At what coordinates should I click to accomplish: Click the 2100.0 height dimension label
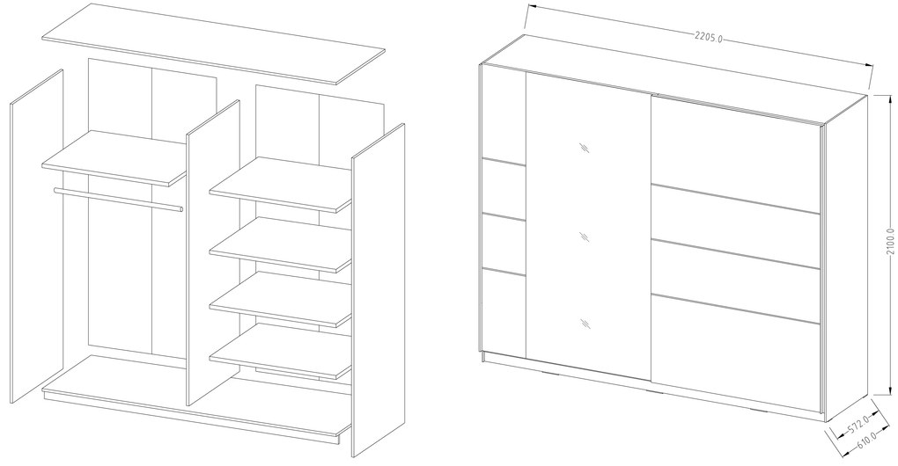tap(889, 242)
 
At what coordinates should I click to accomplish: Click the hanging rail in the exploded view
tap(119, 200)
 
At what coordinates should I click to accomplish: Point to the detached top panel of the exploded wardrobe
tap(214, 44)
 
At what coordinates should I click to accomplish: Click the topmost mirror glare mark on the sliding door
tap(585, 148)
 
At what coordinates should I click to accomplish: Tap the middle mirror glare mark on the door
tap(585, 237)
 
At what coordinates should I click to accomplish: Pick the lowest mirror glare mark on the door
tap(585, 324)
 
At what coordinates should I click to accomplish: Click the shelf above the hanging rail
tap(114, 157)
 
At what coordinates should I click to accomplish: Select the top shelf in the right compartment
tap(281, 184)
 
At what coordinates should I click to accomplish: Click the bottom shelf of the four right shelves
tap(281, 351)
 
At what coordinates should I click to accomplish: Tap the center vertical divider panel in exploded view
tap(213, 252)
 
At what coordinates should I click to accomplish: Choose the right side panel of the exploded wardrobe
tap(378, 290)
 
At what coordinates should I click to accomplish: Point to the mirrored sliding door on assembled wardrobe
tap(588, 227)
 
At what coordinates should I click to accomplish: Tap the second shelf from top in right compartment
tap(281, 244)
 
